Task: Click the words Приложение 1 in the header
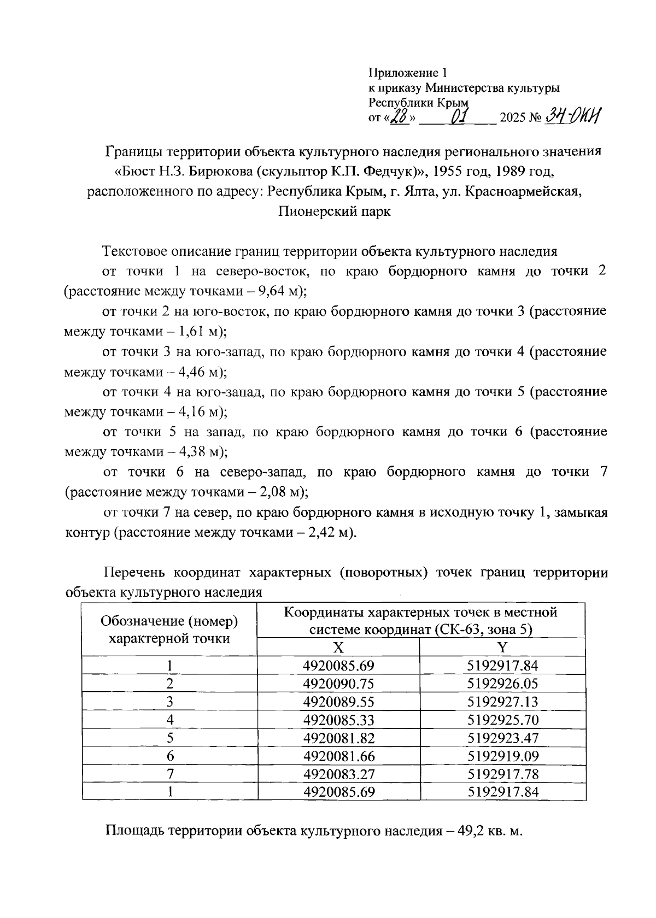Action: (x=408, y=72)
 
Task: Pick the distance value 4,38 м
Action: (x=197, y=452)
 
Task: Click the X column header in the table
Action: (x=338, y=648)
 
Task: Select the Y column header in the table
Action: (x=502, y=648)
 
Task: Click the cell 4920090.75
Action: (x=338, y=684)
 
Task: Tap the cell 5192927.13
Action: (x=503, y=702)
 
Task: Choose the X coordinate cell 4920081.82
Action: (x=338, y=738)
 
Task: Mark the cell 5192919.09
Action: (x=503, y=756)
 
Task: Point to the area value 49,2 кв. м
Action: (x=486, y=832)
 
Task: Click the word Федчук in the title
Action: (x=390, y=172)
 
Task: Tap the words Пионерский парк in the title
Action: (x=335, y=211)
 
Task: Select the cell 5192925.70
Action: (x=503, y=720)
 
